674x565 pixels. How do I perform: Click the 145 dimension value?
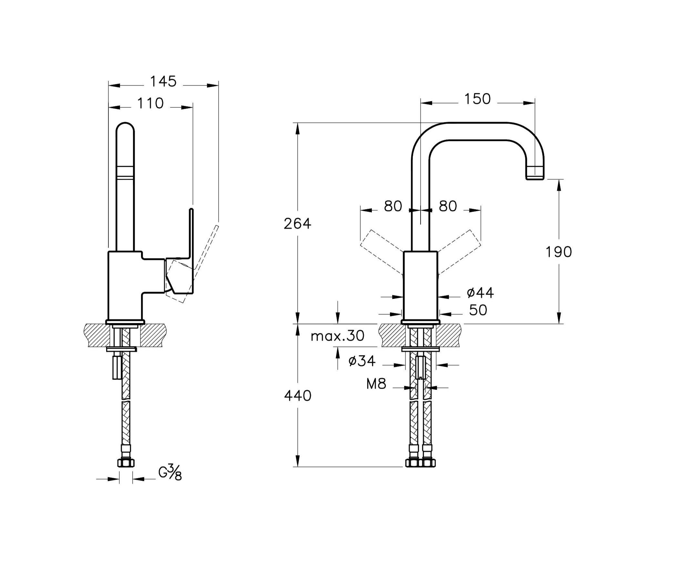pos(163,82)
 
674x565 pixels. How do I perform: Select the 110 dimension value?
pos(150,104)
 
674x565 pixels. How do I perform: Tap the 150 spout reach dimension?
pos(477,99)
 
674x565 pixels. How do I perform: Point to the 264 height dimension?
pos(297,223)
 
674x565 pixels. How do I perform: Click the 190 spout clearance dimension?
pos(558,252)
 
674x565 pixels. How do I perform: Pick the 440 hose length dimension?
pos(298,396)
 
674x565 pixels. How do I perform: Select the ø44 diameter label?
pos(480,293)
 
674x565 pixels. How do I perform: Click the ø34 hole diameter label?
pos(362,361)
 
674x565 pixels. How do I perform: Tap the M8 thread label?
pos(376,384)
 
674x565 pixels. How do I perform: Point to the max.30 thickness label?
pos(338,336)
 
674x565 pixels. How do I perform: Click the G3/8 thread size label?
pos(170,472)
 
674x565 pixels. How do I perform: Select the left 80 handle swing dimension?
pos(393,206)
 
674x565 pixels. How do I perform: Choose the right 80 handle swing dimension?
pos(448,206)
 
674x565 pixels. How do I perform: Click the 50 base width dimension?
pos(478,310)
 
